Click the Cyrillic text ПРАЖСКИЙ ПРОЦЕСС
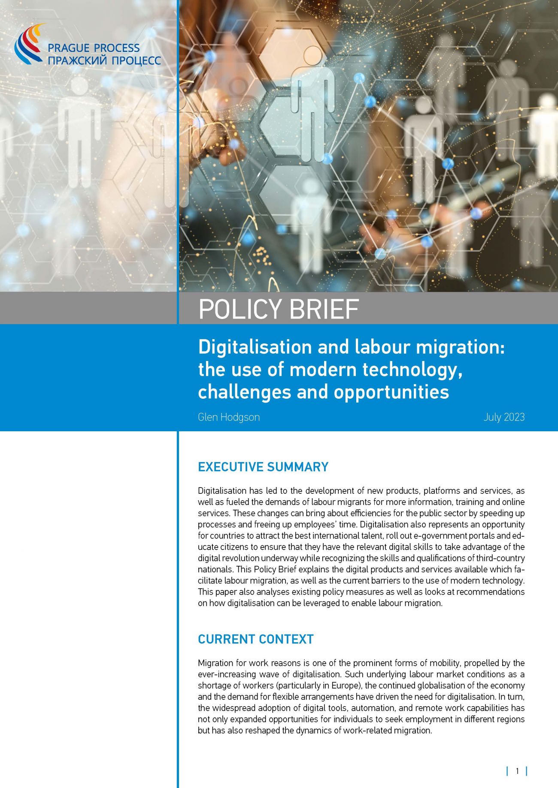[x=104, y=60]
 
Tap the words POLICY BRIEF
[x=279, y=309]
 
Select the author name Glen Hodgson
[x=229, y=417]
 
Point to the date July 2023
[x=504, y=417]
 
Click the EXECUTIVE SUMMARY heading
[x=263, y=467]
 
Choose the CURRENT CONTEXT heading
[x=256, y=639]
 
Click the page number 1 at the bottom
[x=517, y=771]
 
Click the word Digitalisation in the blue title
[x=255, y=347]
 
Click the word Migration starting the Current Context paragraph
[x=215, y=663]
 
